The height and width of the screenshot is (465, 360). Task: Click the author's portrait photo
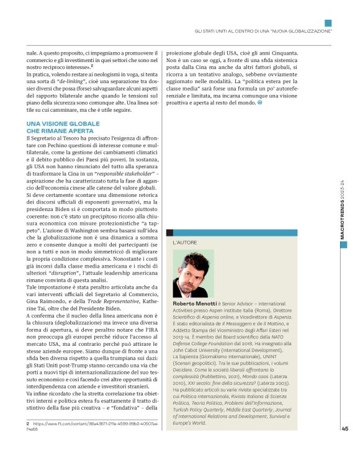[x=194, y=273]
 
